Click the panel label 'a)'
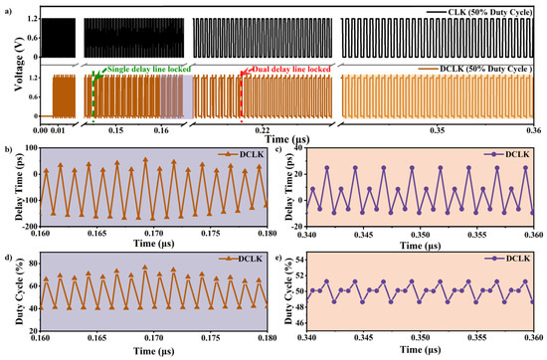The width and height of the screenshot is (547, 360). [7, 7]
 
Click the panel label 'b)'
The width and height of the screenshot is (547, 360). [7, 148]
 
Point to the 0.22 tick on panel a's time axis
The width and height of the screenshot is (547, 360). [263, 128]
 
